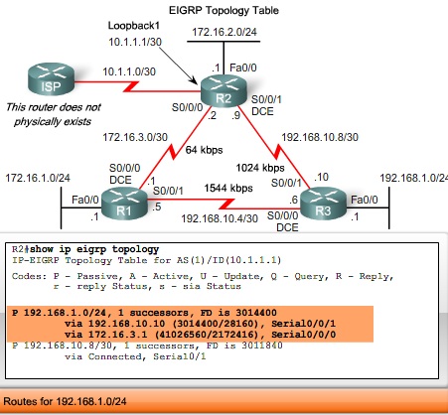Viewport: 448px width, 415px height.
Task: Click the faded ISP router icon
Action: pos(43,76)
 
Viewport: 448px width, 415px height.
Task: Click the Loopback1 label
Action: pos(135,23)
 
